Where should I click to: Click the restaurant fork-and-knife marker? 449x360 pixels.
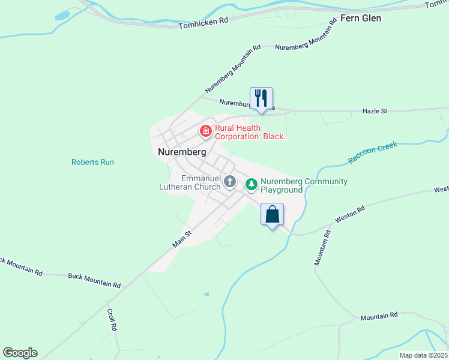[x=261, y=98]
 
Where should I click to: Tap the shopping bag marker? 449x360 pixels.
[x=272, y=214]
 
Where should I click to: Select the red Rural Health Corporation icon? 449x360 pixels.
[x=205, y=130]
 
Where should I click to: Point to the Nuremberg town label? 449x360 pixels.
[x=182, y=152]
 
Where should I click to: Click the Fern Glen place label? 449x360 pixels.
[x=361, y=18]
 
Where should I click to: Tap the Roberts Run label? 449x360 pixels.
[x=92, y=162]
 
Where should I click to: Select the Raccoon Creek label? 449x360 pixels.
[x=372, y=153]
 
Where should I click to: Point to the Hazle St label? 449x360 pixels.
[x=375, y=111]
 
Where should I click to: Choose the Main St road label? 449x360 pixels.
[x=182, y=238]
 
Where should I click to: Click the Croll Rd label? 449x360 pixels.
[x=111, y=320]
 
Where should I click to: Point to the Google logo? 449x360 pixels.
[x=20, y=353]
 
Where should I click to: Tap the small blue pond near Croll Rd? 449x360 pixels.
[x=206, y=295]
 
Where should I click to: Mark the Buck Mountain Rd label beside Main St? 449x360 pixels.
[x=94, y=280]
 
